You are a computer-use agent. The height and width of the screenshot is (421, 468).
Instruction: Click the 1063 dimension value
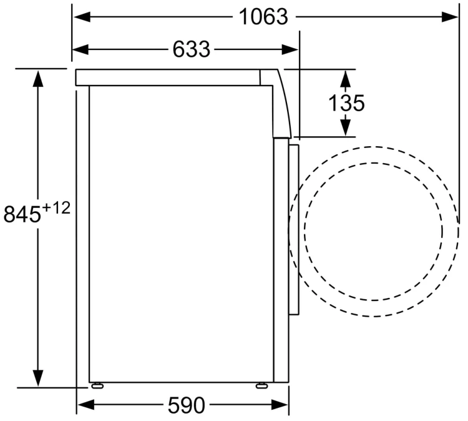pyautogui.click(x=263, y=17)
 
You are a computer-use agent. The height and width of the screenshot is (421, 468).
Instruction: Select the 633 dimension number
pyautogui.click(x=192, y=49)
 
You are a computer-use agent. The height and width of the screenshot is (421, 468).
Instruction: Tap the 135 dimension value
pyautogui.click(x=346, y=103)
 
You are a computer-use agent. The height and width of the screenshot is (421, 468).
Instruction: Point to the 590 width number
pyautogui.click(x=187, y=405)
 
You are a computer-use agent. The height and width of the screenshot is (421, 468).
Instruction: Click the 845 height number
pyautogui.click(x=22, y=214)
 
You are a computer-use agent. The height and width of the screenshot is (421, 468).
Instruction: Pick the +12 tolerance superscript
pyautogui.click(x=56, y=208)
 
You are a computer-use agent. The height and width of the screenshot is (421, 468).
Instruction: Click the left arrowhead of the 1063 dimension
pyautogui.click(x=82, y=17)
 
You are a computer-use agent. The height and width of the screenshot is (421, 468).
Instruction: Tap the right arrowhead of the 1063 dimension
pyautogui.click(x=450, y=17)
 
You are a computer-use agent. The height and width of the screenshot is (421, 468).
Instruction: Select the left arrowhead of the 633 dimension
pyautogui.click(x=80, y=49)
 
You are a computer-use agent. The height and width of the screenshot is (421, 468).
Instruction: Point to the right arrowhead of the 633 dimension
pyautogui.click(x=290, y=49)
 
